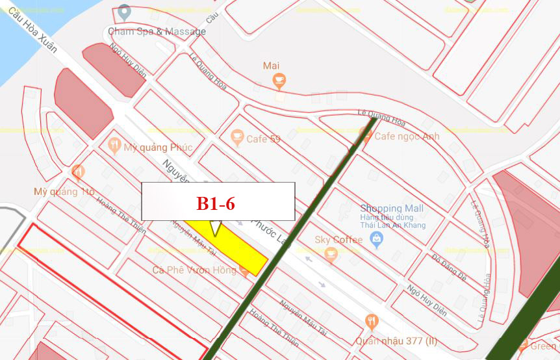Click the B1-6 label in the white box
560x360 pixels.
pyautogui.click(x=216, y=203)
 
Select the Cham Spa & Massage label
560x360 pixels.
pyautogui.click(x=157, y=31)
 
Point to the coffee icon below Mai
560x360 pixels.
pyautogui.click(x=279, y=81)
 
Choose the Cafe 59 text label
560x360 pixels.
pyautogui.click(x=263, y=139)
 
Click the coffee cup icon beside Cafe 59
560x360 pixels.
pyautogui.click(x=237, y=137)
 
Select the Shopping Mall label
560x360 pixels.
pyautogui.click(x=392, y=208)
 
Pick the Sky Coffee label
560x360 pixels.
pyautogui.click(x=338, y=240)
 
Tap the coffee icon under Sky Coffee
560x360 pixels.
pyautogui.click(x=331, y=255)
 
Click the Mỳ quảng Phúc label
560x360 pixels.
pyautogui.click(x=158, y=148)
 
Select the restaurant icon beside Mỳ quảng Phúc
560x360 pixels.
pyautogui.click(x=114, y=146)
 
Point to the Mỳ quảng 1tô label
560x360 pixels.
pyautogui.click(x=64, y=192)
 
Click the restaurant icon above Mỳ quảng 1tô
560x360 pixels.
pyautogui.click(x=79, y=172)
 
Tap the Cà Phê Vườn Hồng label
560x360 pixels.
pyautogui.click(x=194, y=270)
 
